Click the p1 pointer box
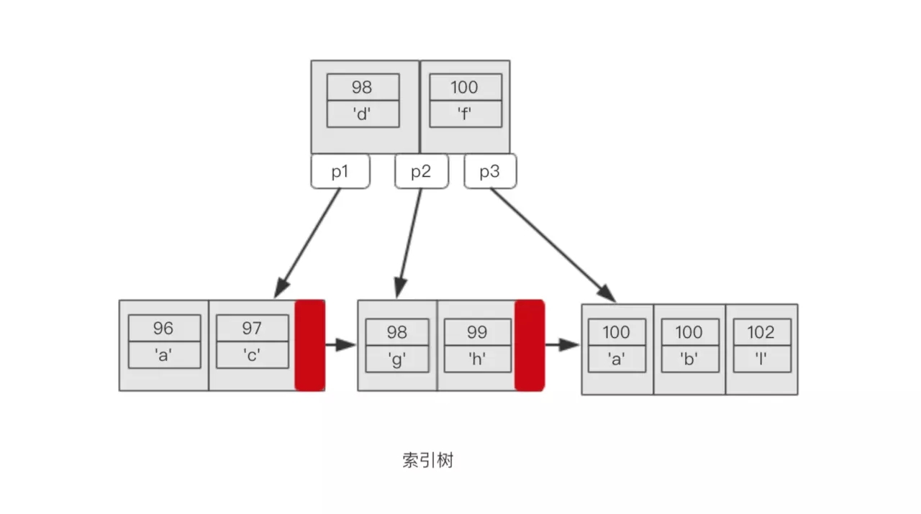click(340, 172)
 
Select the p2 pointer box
click(421, 172)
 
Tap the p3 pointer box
click(489, 172)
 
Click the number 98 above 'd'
click(363, 87)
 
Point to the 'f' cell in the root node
click(465, 114)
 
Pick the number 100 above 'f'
click(465, 87)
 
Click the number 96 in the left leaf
click(164, 328)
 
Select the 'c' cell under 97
click(252, 355)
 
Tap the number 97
click(252, 328)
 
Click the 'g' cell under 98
click(396, 359)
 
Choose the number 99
click(476, 332)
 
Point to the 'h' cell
click(476, 359)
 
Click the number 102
click(761, 332)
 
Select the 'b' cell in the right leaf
click(689, 359)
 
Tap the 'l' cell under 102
click(761, 359)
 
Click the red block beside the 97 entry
click(310, 346)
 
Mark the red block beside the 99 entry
click(530, 346)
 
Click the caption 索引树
click(428, 461)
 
